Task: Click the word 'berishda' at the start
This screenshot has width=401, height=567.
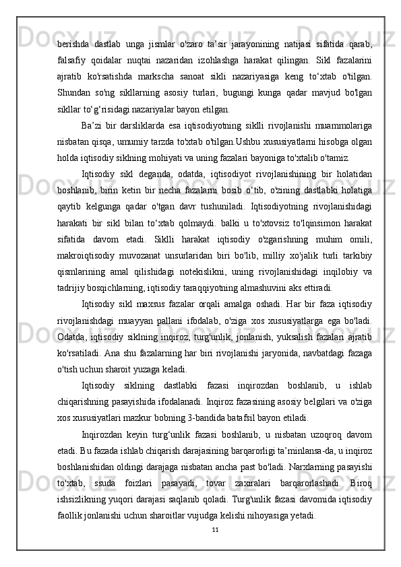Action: coord(73,44)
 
